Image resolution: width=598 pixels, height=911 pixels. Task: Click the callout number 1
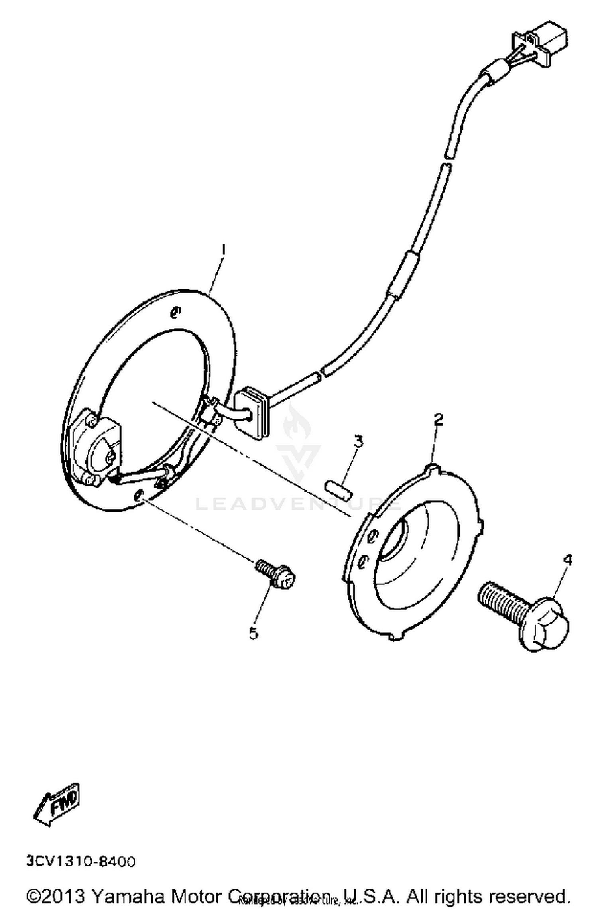click(224, 250)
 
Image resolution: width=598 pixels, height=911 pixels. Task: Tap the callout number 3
click(358, 441)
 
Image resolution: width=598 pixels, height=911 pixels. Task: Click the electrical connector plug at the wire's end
click(543, 44)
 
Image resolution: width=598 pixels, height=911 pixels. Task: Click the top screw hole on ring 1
click(175, 312)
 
